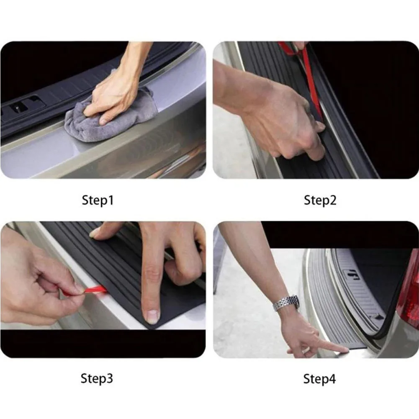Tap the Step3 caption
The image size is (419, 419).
click(97, 379)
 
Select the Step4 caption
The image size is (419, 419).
click(319, 379)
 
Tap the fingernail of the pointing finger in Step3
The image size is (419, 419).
click(153, 317)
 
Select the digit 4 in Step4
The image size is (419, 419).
click(332, 379)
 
